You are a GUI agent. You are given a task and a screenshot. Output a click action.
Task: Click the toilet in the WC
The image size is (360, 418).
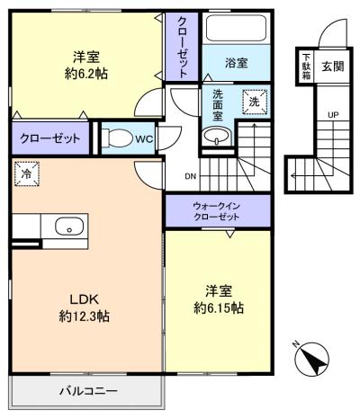pos(118,138)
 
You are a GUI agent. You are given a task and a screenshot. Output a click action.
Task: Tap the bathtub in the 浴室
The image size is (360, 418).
pos(236,28)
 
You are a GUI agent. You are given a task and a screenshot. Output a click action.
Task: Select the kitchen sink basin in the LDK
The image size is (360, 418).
pos(69,227)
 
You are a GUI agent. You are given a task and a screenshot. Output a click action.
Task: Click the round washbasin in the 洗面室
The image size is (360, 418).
pos(216,136)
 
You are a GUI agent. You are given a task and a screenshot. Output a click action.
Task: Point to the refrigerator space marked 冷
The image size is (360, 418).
pos(26,173)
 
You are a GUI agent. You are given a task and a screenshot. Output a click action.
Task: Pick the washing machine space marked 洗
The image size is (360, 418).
pos(255,102)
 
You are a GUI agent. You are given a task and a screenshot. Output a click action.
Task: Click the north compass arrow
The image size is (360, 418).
pos(312,359)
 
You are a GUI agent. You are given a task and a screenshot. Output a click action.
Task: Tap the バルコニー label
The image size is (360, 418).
pos(88,391)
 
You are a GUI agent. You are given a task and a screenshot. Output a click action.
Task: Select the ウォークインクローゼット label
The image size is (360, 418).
pos(216,211)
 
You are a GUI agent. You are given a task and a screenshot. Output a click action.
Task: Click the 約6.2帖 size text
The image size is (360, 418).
pos(86,74)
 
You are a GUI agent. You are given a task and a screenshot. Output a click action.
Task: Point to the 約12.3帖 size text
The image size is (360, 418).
pos(84,316)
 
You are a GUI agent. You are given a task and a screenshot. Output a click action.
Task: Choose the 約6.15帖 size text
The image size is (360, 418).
pos(219,307)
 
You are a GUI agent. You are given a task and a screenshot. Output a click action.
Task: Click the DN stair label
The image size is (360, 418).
pos(190,176)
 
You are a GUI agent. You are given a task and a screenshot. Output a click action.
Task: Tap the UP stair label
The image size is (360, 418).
pos(333,115)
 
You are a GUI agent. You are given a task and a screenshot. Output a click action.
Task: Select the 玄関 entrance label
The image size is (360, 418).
pos(333,67)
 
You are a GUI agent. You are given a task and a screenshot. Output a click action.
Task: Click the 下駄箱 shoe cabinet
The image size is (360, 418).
pos(306,67)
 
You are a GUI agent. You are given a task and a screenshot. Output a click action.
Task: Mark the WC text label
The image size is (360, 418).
pos(144,138)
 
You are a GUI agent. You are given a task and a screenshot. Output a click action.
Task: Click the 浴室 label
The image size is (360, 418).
pos(236,63)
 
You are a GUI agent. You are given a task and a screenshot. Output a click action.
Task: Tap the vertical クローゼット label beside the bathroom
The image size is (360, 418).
pos(182,48)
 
